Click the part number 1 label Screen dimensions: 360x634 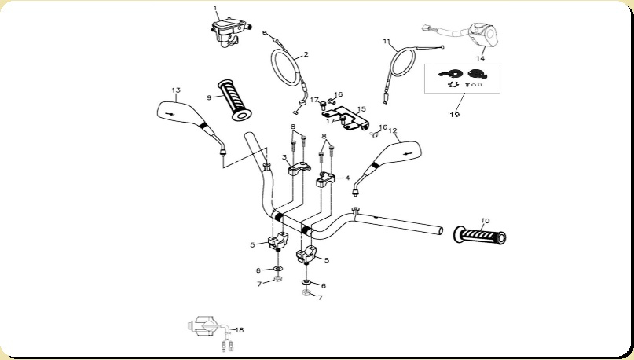click(215, 8)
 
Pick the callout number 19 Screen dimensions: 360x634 click(454, 114)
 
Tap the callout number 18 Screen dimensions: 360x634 click(240, 330)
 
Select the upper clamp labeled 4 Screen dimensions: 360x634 click(325, 180)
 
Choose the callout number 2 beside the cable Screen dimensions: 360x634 click(306, 54)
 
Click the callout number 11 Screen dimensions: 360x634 click(386, 41)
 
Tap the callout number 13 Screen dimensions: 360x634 click(176, 90)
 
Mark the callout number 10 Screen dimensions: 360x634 click(485, 221)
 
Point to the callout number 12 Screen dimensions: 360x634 click(393, 130)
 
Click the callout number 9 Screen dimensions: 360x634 click(209, 97)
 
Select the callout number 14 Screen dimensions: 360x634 click(480, 57)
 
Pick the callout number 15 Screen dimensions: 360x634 click(361, 109)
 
